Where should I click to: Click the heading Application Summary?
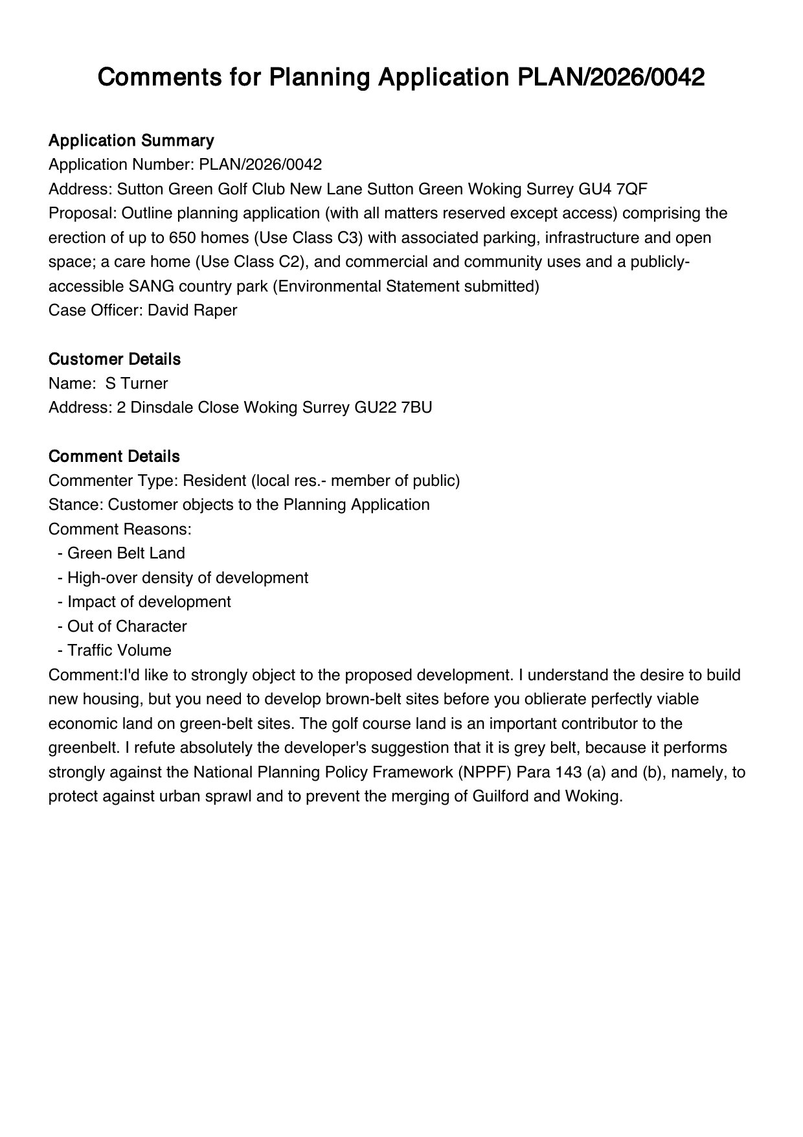[x=131, y=141]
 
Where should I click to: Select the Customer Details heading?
[x=115, y=359]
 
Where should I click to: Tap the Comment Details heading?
[x=114, y=456]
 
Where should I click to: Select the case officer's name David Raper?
[x=192, y=310]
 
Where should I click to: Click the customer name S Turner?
[x=137, y=384]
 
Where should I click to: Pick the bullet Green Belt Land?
[x=126, y=553]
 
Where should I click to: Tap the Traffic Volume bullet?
[x=119, y=650]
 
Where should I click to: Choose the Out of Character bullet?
[x=127, y=626]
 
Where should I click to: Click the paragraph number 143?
[x=568, y=772]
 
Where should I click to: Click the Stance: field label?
[x=76, y=505]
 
